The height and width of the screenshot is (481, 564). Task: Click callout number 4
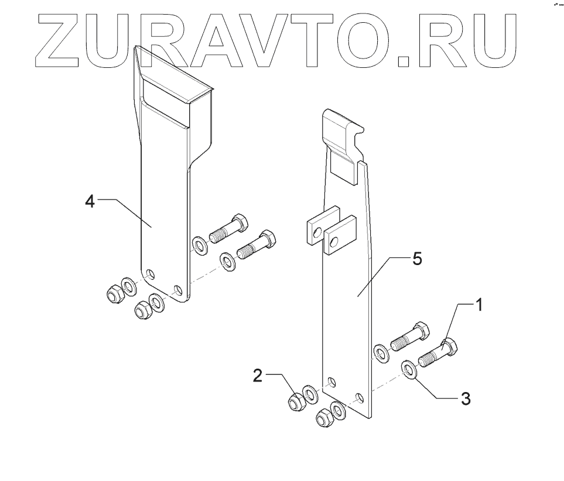pos(90,201)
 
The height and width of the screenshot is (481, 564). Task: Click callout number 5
pos(416,259)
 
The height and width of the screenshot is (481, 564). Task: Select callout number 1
pos(478,305)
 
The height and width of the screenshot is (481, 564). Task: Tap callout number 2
pos(258,376)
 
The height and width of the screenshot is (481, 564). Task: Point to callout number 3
pos(466,398)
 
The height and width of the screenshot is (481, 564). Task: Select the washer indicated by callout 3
pos(409,369)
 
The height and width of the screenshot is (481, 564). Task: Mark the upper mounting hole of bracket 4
pos(151,273)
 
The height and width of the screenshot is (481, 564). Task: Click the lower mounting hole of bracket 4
pos(179,290)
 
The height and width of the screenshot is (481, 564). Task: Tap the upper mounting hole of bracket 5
pos(331,383)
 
